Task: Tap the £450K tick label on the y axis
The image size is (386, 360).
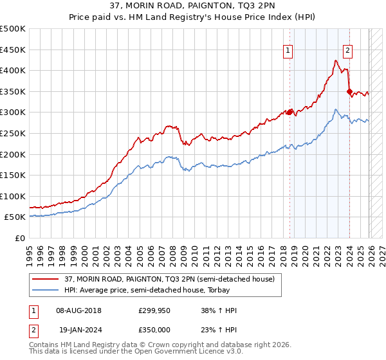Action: [x=13, y=50]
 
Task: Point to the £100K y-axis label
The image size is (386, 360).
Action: [x=13, y=196]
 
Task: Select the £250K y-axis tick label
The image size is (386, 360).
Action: [x=13, y=133]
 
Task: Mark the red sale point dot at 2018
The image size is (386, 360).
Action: [x=289, y=112]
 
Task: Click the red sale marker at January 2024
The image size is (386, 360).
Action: [x=349, y=91]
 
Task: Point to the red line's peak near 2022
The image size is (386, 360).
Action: [x=336, y=61]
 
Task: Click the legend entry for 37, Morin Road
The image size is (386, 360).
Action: [x=169, y=279]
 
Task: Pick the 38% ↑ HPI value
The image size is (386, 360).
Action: [x=219, y=310]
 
